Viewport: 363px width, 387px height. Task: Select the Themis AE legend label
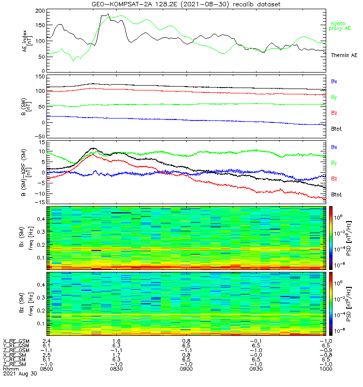click(344, 56)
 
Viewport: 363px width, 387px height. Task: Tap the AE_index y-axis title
click(28, 41)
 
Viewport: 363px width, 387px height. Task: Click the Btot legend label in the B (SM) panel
click(336, 129)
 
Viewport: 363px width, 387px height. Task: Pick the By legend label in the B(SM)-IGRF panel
click(334, 163)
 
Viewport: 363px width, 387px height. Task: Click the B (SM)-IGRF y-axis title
click(28, 173)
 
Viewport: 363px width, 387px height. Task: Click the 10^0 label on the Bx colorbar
click(340, 218)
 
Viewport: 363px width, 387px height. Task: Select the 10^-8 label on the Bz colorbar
click(340, 330)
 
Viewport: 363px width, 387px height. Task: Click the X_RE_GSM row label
click(16, 341)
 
